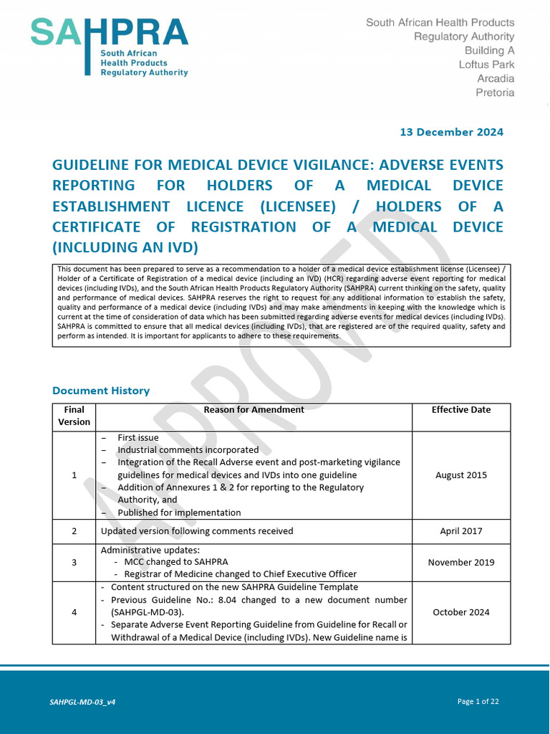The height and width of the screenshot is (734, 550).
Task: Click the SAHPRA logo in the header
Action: tap(109, 47)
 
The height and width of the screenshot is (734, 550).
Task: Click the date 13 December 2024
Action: tap(451, 132)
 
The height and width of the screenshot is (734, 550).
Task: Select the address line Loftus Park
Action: tap(486, 65)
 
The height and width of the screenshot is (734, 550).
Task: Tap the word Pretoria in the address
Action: tap(495, 92)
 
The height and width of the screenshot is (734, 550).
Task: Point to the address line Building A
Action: tap(489, 50)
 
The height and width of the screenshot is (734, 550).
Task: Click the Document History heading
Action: tap(101, 391)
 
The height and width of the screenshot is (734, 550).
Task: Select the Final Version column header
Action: tap(74, 416)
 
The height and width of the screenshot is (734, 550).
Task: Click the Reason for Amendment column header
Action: tap(254, 410)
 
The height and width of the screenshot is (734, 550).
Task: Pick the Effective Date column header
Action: tap(460, 410)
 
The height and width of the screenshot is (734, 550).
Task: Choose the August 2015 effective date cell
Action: tap(460, 475)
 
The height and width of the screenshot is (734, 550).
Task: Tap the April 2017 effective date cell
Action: tap(460, 531)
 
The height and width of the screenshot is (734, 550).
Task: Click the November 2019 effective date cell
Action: tap(460, 563)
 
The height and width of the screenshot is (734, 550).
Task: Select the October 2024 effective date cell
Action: tap(460, 612)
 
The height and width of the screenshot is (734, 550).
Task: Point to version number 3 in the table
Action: tap(74, 563)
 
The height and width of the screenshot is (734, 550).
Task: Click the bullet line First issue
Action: tap(138, 438)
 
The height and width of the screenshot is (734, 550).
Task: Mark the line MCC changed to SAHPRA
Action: tap(176, 562)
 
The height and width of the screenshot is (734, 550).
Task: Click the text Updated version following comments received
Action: tap(197, 531)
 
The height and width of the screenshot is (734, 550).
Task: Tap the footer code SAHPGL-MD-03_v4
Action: tap(77, 702)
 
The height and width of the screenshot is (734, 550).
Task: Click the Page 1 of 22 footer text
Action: tap(478, 702)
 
